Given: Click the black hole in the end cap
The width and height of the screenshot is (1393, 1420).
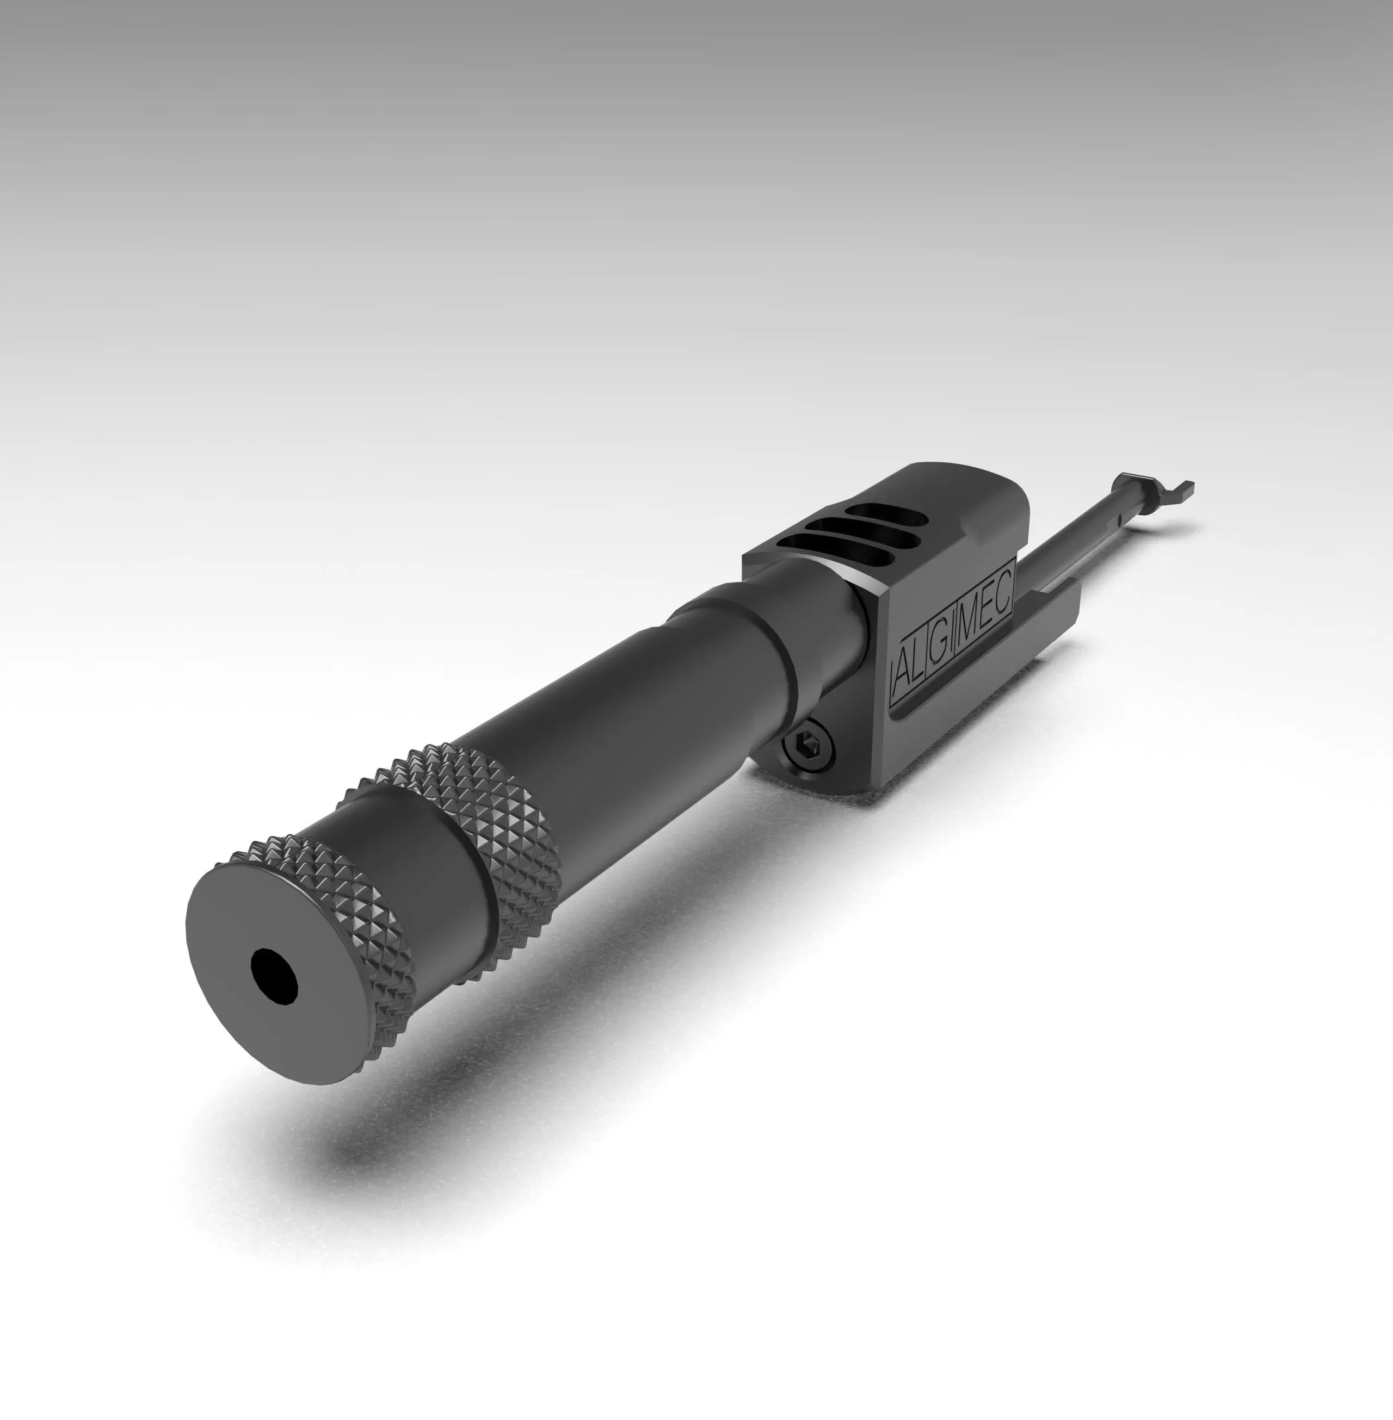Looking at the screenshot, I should coord(274,976).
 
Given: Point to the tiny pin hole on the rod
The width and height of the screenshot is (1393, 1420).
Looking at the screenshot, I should coord(1119,520).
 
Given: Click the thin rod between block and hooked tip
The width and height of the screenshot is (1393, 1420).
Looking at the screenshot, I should coord(1083,541).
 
